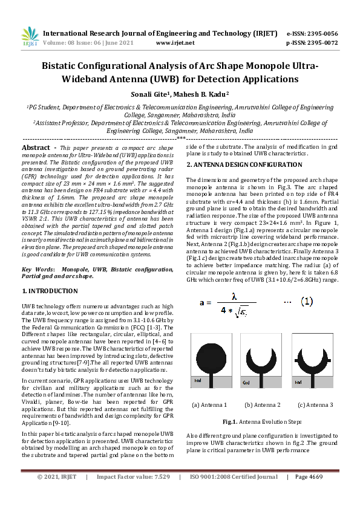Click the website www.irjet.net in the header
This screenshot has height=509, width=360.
[x=175, y=43]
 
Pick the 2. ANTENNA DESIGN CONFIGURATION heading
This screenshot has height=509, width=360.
[x=244, y=164]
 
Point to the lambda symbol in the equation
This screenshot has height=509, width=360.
[x=238, y=296]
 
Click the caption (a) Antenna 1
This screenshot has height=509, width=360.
[x=209, y=405]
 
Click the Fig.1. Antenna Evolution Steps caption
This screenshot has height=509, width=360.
[x=262, y=421]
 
